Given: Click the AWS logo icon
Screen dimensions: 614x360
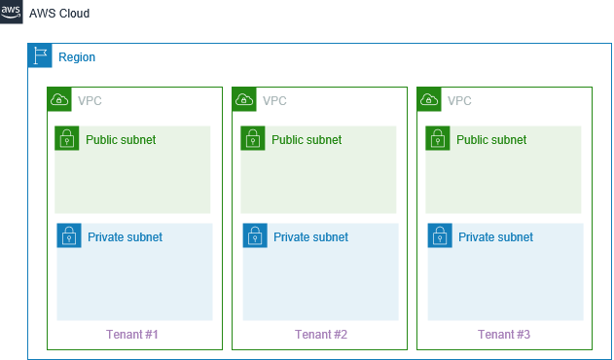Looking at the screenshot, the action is (x=12, y=14).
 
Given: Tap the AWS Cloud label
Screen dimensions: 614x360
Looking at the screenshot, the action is (x=59, y=15).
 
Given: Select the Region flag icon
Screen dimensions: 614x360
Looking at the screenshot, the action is (x=40, y=55).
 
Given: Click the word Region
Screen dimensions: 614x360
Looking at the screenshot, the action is (x=77, y=57).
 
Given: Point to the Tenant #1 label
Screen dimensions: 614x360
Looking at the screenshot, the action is (x=132, y=335).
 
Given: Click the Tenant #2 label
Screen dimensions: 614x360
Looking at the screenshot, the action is (x=321, y=335).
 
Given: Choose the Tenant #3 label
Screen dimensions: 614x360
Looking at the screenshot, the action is (x=505, y=335).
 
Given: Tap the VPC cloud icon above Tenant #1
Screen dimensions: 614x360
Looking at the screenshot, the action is (x=59, y=99).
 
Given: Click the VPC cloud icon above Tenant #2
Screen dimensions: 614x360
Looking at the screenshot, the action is (x=244, y=99).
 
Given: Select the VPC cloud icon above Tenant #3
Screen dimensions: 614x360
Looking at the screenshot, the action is (x=429, y=99).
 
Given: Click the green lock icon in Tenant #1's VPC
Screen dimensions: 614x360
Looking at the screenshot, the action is (x=67, y=138).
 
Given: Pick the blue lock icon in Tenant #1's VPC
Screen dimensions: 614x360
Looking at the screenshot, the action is (x=69, y=235).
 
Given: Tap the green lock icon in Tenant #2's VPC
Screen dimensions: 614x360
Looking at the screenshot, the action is (x=253, y=138).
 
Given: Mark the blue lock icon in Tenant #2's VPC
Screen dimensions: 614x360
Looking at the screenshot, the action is (x=255, y=235).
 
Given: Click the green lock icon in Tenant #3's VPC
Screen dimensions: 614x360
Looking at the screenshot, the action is (x=438, y=138).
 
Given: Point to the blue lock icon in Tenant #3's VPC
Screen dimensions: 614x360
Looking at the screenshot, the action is (x=440, y=235).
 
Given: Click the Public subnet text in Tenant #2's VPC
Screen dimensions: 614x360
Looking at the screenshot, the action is (x=307, y=140).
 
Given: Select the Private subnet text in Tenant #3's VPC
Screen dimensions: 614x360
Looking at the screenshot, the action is (x=495, y=236).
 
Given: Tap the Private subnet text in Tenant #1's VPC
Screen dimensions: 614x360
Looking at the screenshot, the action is (x=125, y=236).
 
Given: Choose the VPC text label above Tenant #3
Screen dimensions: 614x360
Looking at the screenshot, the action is (x=460, y=100).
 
